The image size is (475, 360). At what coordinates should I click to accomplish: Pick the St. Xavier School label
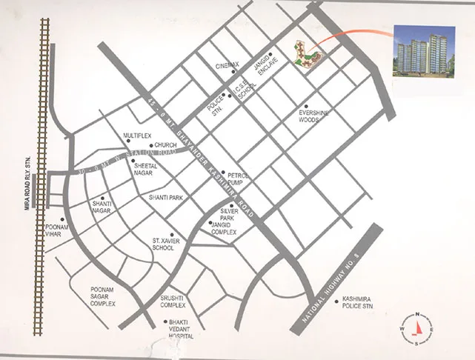click(163, 244)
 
